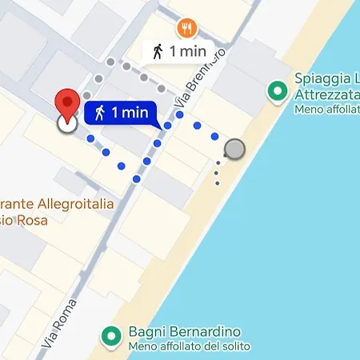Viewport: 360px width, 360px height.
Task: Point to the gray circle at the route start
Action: (x=234, y=149)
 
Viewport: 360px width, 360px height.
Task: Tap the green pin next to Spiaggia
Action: (x=278, y=91)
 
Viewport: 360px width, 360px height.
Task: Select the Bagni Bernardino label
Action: (x=185, y=332)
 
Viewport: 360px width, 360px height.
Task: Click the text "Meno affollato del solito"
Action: (x=189, y=346)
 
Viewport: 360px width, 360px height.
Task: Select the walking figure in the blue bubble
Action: (x=100, y=113)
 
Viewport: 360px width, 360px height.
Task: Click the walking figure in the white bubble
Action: (x=158, y=51)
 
